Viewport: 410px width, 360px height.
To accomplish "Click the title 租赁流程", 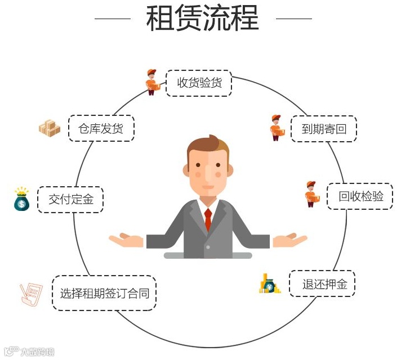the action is pyautogui.click(x=203, y=19).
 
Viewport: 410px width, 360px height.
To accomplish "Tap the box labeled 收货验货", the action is pyautogui.click(x=199, y=83).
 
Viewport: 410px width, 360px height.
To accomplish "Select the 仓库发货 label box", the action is pyautogui.click(x=102, y=129).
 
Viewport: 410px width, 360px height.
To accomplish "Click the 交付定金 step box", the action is pyautogui.click(x=70, y=199).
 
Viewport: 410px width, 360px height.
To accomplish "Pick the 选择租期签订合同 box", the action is pyautogui.click(x=104, y=293).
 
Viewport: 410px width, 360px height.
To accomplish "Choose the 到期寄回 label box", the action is pyautogui.click(x=323, y=129).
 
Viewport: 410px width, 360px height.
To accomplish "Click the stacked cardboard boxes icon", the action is pyautogui.click(x=50, y=129).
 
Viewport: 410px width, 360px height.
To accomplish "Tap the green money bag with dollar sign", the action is pyautogui.click(x=21, y=199).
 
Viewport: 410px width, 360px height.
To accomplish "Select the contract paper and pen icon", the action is pyautogui.click(x=32, y=294).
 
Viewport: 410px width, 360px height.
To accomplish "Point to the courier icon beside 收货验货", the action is pyautogui.click(x=151, y=82).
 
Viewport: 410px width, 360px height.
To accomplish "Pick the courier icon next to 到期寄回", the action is pyautogui.click(x=277, y=128).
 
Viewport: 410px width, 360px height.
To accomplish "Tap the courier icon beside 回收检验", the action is pyautogui.click(x=311, y=194).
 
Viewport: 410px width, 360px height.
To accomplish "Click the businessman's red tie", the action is pyautogui.click(x=208, y=219).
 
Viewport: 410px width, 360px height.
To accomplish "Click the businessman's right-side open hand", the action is pyautogui.click(x=290, y=240).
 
